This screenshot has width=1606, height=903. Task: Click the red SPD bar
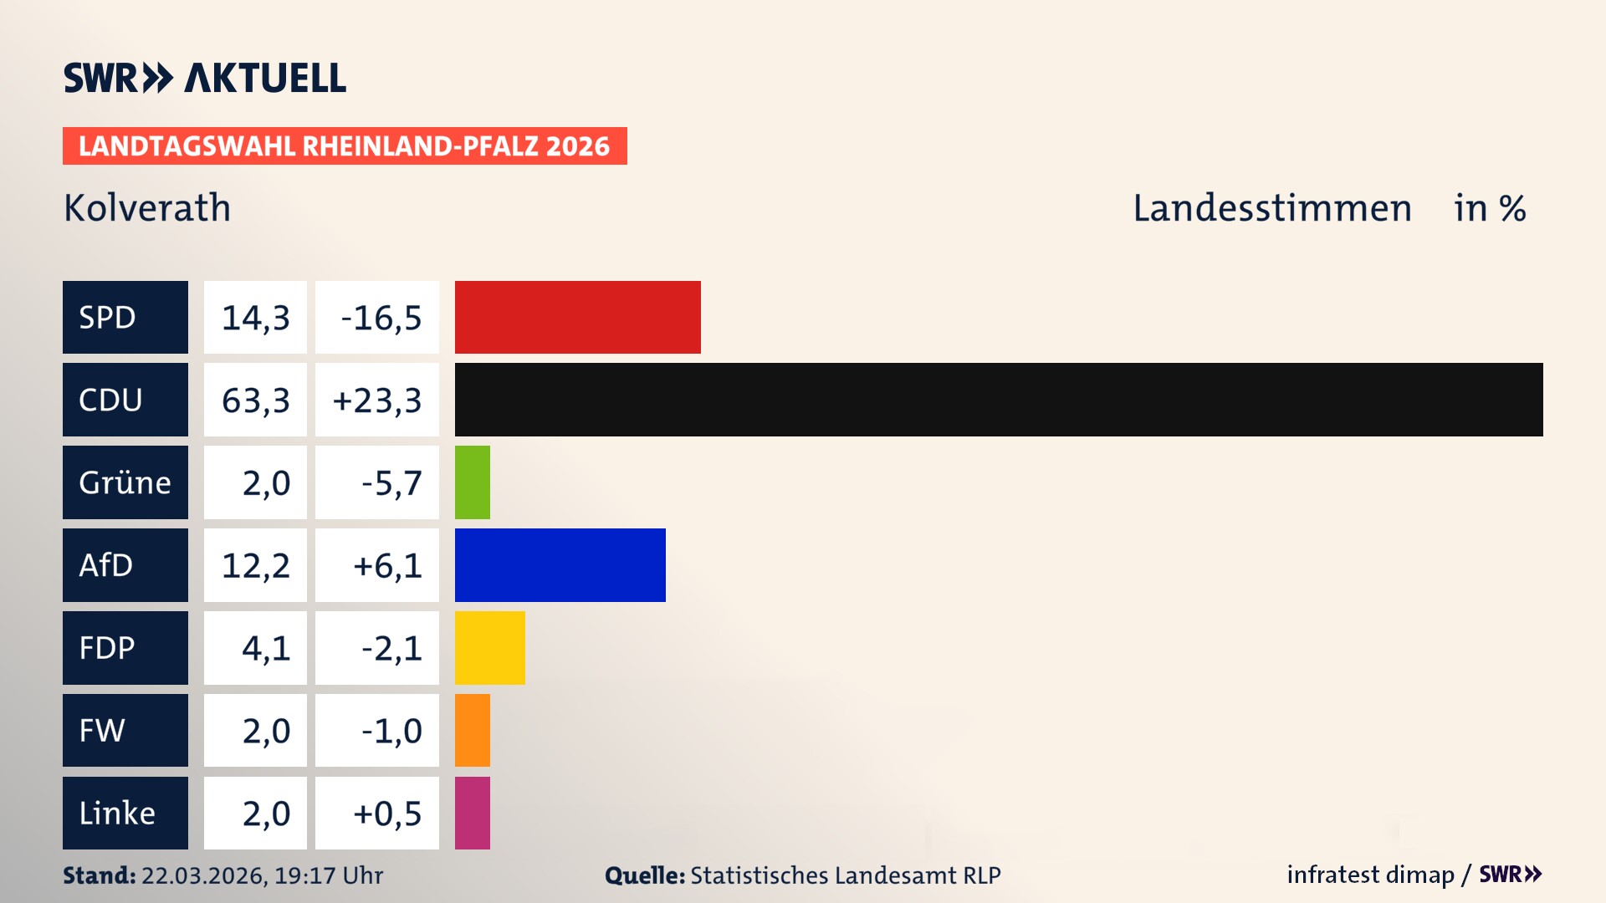coord(577,317)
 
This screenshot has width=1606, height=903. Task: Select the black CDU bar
coord(998,400)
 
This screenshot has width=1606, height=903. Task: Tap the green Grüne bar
coord(472,482)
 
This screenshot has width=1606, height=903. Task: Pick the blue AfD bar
coord(560,565)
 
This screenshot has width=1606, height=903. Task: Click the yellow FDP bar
coord(489,648)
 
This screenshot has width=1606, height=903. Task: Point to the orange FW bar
coord(472,730)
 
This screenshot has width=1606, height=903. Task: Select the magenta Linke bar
coord(472,813)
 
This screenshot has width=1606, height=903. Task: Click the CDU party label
coord(125,400)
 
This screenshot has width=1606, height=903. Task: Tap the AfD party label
coord(125,565)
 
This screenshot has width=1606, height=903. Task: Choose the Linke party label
coord(125,813)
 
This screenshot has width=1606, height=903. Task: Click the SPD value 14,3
coord(255,318)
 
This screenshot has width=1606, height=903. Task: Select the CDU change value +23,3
coord(377,400)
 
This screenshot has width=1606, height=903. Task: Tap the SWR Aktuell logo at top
coord(204,78)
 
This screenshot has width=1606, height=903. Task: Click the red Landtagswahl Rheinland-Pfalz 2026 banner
coord(344,146)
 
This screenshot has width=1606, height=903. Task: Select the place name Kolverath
coord(147,208)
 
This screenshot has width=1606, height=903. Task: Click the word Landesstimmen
coord(1271,208)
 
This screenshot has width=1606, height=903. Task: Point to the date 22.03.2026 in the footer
coord(203,875)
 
